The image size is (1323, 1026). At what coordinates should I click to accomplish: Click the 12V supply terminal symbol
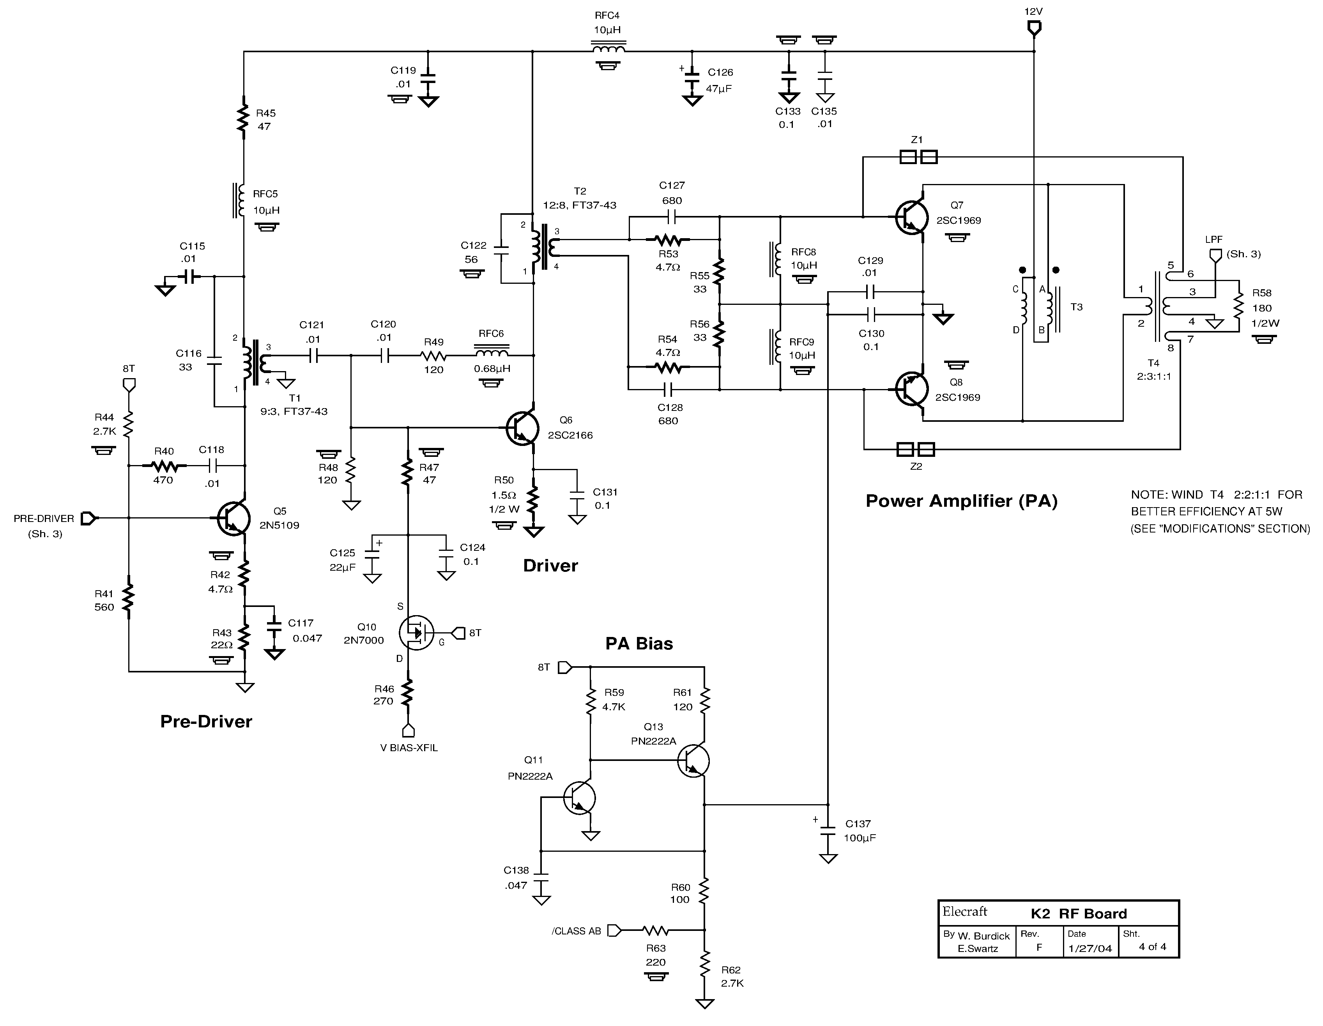pyautogui.click(x=1034, y=28)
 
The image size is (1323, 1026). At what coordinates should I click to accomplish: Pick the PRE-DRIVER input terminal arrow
pyautogui.click(x=88, y=518)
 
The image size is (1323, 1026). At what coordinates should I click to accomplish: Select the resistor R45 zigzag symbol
pyautogui.click(x=244, y=119)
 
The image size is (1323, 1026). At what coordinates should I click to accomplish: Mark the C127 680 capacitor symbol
pyautogui.click(x=671, y=216)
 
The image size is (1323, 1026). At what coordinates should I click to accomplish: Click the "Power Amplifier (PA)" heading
pyautogui.click(x=961, y=501)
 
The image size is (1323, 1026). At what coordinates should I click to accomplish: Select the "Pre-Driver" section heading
pyautogui.click(x=206, y=721)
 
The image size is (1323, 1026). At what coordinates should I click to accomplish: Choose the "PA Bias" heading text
pyautogui.click(x=639, y=644)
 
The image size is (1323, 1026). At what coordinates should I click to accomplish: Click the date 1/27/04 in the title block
pyautogui.click(x=1090, y=948)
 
